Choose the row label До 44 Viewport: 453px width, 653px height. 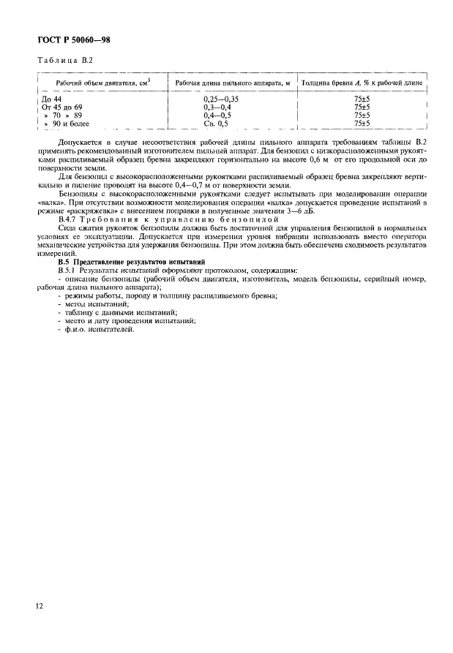point(52,98)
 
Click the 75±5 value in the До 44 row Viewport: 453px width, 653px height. point(363,98)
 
